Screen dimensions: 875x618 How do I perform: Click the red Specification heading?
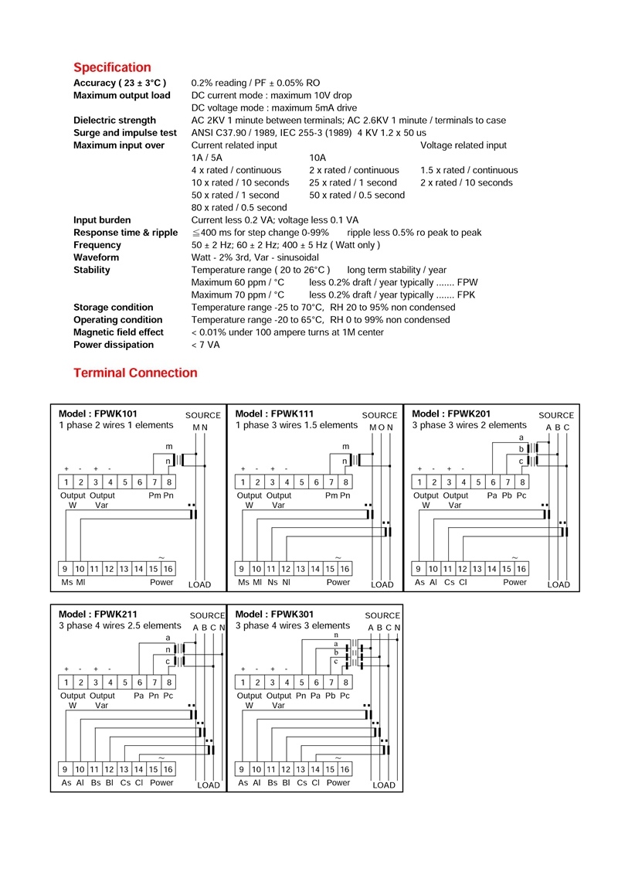click(x=112, y=67)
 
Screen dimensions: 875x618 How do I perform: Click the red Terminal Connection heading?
click(x=135, y=373)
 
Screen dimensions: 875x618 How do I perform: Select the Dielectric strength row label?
click(x=114, y=121)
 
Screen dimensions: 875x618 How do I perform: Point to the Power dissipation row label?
click(x=113, y=345)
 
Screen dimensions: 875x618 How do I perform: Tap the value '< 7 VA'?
click(x=205, y=345)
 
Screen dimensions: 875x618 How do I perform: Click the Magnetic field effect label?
click(x=118, y=332)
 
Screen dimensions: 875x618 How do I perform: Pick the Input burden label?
click(x=102, y=220)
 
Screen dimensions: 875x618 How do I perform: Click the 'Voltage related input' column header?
click(x=463, y=145)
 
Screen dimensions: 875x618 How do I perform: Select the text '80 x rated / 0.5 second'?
click(x=239, y=207)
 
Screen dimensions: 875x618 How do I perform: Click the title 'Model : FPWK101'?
click(x=98, y=414)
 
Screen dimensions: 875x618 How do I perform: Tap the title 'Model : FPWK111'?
click(x=274, y=414)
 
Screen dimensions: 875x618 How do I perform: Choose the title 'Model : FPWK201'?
click(x=451, y=414)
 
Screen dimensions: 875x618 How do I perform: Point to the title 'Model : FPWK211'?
click(x=98, y=615)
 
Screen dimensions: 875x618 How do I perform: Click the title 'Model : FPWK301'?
click(x=274, y=615)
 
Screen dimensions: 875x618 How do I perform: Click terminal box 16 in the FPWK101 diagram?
click(x=168, y=569)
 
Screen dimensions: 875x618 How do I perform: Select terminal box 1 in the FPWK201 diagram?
click(x=419, y=482)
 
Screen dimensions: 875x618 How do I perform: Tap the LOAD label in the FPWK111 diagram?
click(x=382, y=585)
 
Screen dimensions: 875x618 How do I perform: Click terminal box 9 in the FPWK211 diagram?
click(x=66, y=769)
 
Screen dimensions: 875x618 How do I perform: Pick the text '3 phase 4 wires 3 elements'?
click(x=292, y=626)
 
